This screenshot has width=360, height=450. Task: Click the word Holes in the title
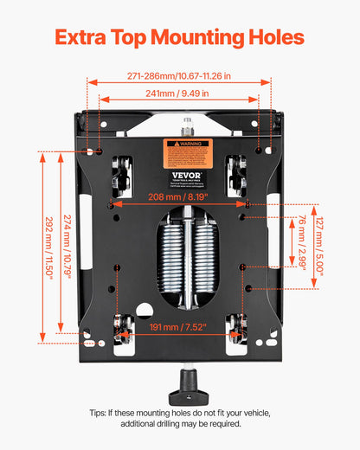(x=269, y=37)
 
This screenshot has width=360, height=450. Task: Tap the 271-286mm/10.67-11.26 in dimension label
(x=180, y=76)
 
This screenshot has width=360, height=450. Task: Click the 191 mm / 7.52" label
(x=180, y=327)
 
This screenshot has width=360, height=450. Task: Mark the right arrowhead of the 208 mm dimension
(x=244, y=204)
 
